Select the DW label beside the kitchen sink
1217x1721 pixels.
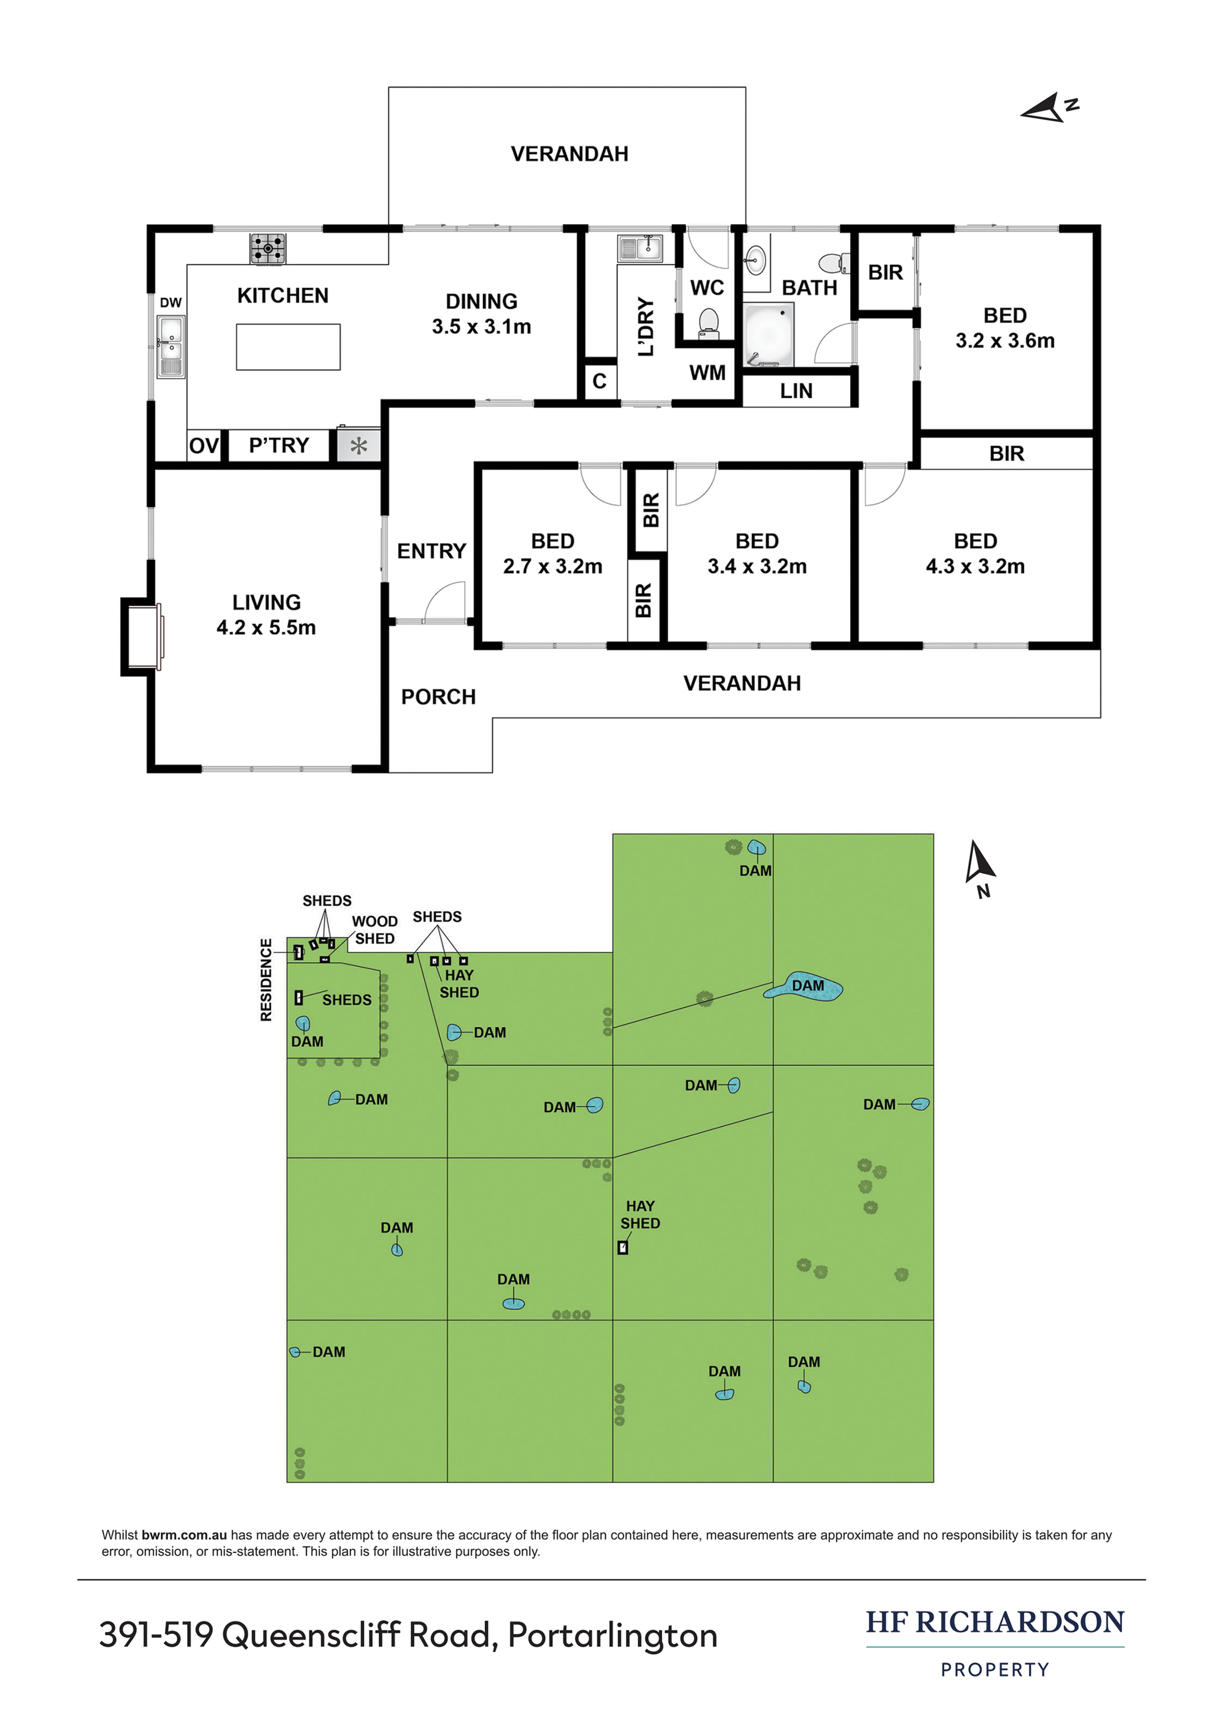[x=171, y=303]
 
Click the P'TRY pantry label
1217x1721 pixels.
[x=279, y=446]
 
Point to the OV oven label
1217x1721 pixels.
[x=203, y=446]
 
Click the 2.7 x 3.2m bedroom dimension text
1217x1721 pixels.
[x=553, y=567]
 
